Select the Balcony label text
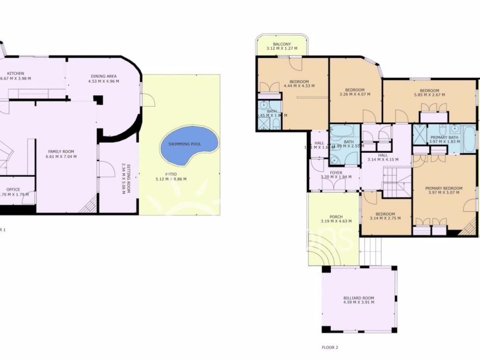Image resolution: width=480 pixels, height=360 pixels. point(282,44)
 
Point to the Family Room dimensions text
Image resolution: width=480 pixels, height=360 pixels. point(62,156)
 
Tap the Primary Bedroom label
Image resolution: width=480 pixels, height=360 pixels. point(444,188)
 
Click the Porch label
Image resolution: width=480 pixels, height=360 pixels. point(336,217)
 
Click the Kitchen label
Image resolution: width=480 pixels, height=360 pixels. point(17,74)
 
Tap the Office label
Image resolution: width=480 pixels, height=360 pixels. point(13,190)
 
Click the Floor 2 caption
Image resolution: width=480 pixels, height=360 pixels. point(330,348)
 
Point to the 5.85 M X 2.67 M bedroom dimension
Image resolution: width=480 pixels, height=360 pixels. point(430,95)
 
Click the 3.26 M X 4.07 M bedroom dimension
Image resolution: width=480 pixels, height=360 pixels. point(355,94)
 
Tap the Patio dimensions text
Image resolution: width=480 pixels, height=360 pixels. point(171,179)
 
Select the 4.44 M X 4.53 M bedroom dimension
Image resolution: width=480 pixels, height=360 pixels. point(299,86)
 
